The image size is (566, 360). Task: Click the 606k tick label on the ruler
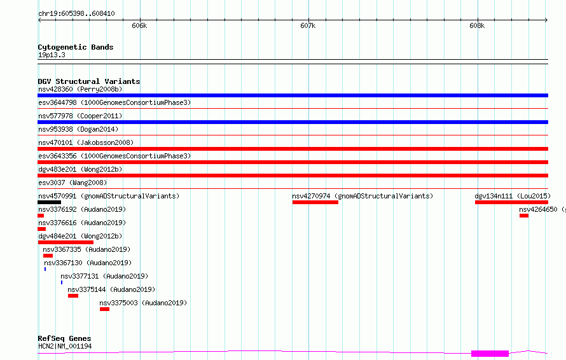(x=139, y=25)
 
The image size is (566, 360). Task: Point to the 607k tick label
(x=308, y=25)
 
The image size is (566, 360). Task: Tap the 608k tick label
(x=477, y=25)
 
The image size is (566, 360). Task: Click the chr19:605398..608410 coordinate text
(x=76, y=13)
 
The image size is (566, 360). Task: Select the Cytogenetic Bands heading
(x=76, y=47)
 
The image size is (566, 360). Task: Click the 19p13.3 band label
(x=52, y=55)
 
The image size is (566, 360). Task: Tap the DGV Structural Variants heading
(x=89, y=81)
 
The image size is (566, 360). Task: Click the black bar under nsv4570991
(x=49, y=202)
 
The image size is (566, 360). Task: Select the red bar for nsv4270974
(x=315, y=202)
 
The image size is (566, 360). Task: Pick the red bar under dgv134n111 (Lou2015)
(x=511, y=202)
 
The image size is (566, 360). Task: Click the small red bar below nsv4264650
(x=524, y=216)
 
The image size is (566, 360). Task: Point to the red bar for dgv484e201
(x=66, y=242)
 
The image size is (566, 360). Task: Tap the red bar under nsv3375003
(x=104, y=309)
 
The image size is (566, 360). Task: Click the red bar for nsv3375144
(x=73, y=296)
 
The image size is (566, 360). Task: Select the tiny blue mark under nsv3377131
(x=62, y=282)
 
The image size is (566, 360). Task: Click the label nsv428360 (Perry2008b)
(x=80, y=89)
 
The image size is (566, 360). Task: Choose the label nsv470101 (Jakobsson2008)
(x=86, y=142)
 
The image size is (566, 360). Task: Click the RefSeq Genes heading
(x=65, y=338)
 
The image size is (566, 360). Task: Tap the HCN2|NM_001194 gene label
(x=65, y=346)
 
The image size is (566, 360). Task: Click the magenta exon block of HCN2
(x=490, y=354)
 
